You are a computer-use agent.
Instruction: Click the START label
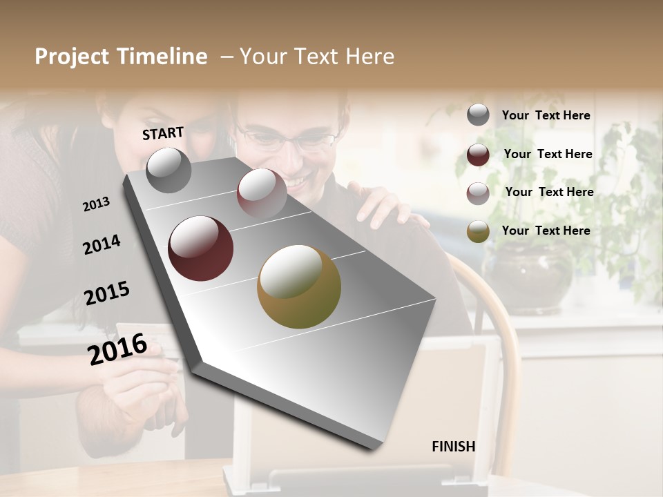(x=163, y=133)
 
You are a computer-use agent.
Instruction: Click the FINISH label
(x=453, y=447)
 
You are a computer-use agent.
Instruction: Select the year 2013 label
(x=96, y=204)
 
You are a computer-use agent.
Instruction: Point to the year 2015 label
(x=107, y=293)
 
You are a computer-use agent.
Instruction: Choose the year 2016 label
(x=117, y=349)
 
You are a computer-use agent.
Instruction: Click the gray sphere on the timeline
(x=169, y=170)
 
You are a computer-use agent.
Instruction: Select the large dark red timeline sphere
(x=200, y=248)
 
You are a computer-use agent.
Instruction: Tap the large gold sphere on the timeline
(x=298, y=286)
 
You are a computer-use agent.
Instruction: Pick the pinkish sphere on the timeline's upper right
(x=262, y=193)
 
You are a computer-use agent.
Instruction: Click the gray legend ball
(x=478, y=115)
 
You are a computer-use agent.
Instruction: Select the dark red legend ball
(x=478, y=155)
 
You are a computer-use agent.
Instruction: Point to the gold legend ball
(x=478, y=231)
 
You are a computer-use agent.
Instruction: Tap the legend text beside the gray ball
(x=546, y=116)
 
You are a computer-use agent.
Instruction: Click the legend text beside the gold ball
(x=546, y=231)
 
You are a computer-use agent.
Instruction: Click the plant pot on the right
(x=528, y=276)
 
